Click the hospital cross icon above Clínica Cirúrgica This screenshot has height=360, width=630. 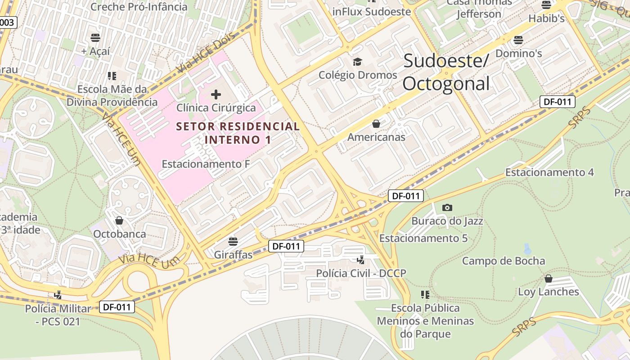216,94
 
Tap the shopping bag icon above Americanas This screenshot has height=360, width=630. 376,124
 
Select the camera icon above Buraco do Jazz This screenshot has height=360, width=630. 447,207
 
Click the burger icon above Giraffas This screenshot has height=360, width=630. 233,241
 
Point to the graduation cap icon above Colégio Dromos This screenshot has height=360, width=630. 357,62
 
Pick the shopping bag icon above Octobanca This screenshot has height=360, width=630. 119,220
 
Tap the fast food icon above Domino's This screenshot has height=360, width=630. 518,40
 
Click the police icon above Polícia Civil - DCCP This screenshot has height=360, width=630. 360,260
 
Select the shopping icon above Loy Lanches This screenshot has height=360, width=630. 548,279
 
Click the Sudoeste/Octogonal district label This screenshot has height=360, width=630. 445,72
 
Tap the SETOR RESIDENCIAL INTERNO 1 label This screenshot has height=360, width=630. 238,133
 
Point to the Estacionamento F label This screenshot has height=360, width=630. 206,164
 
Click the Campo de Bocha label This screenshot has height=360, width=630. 503,261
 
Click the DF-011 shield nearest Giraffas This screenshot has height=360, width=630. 286,246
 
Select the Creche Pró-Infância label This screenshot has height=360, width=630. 139,7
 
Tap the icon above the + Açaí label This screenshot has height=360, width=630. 95,37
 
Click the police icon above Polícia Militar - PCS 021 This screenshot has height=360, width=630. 58,295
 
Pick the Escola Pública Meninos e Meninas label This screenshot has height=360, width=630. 425,321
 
